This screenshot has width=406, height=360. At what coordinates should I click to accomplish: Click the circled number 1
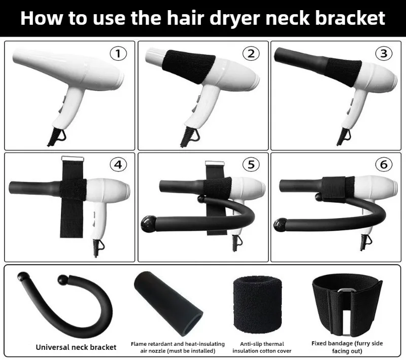(118, 54)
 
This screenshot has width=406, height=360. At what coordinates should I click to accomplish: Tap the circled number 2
(251, 54)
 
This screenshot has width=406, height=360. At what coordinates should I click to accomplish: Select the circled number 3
(384, 54)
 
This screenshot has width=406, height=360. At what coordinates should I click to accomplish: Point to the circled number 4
(118, 164)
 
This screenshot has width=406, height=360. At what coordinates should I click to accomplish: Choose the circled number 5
(251, 164)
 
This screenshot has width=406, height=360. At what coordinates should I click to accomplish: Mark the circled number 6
(384, 164)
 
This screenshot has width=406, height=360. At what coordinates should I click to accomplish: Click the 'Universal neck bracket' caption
(76, 347)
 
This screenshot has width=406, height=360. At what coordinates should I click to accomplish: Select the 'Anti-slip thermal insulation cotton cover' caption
(262, 347)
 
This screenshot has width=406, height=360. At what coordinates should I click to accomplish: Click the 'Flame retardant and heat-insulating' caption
(178, 344)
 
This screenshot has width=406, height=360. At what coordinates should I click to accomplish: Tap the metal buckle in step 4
(73, 159)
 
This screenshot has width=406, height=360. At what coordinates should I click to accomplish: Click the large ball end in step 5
(149, 224)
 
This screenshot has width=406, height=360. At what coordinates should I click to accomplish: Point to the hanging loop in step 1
(61, 135)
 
